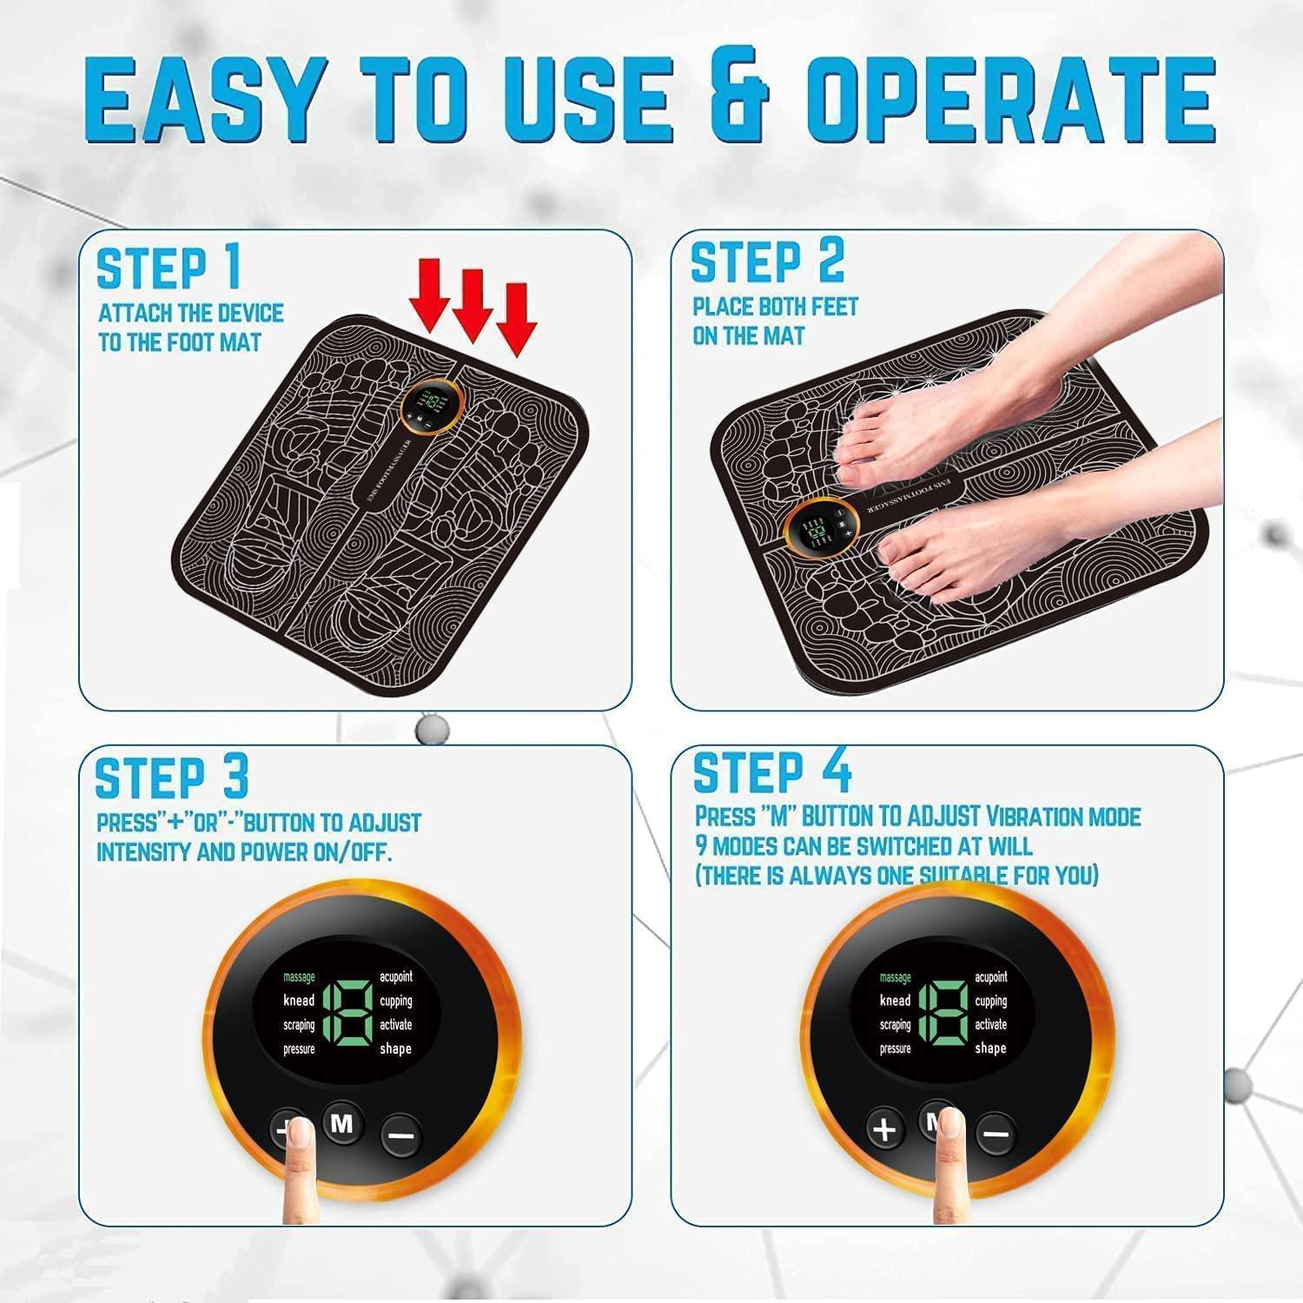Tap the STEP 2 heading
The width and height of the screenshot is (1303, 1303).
tap(766, 261)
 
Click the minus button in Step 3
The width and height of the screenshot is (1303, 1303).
tap(402, 1134)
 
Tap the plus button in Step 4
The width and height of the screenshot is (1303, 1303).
tap(884, 1129)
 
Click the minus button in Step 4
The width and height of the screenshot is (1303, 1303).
tap(996, 1133)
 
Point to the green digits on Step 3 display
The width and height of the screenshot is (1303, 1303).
tap(347, 1013)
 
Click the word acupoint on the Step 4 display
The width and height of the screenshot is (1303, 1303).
tap(990, 977)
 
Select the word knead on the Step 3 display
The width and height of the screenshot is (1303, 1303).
tap(299, 1001)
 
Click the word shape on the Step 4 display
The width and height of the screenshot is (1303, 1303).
tap(990, 1048)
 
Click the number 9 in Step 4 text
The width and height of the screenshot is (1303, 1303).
tap(700, 846)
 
